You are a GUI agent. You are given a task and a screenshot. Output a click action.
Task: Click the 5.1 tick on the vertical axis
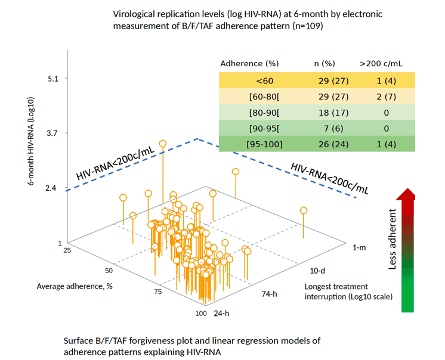52,79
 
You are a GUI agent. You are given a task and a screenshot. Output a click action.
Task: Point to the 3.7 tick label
52,133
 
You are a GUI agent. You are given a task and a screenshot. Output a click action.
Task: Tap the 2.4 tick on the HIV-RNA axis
51,188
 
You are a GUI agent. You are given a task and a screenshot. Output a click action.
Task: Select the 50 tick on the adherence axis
109,271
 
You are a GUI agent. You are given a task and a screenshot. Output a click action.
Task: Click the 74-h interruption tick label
270,294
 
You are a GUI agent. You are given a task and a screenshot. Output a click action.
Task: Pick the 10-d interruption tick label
317,271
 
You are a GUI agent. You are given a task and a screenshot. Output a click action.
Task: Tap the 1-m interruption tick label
359,247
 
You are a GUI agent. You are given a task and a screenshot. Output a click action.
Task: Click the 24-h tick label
222,314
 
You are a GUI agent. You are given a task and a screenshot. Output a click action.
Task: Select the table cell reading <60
264,81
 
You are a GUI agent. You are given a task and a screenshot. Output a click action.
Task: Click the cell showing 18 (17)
333,113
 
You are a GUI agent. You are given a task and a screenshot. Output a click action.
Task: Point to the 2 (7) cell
387,97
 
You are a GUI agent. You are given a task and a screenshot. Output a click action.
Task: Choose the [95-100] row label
264,145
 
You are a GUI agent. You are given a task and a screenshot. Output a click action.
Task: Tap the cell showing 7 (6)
333,129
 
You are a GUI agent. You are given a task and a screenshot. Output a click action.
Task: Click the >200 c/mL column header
381,64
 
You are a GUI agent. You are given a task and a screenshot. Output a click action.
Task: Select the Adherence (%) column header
249,64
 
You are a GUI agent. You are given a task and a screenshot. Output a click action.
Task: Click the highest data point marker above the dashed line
163,144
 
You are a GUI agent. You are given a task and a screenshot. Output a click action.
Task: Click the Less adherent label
392,239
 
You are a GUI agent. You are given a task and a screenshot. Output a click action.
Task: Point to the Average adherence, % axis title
75,286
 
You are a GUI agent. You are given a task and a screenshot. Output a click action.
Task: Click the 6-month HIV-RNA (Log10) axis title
31,141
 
